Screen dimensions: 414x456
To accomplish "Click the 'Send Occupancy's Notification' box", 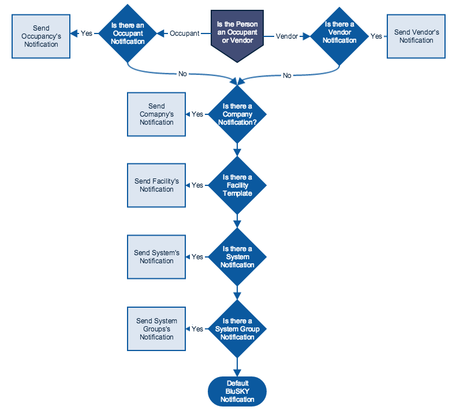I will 41,36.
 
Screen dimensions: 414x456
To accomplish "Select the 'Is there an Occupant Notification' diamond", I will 128,33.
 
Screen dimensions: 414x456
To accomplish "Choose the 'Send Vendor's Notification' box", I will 416,36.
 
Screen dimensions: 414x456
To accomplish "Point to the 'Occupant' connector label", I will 184,33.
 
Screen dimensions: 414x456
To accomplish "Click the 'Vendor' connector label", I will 287,36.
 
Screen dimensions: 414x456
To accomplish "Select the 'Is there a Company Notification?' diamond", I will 237,114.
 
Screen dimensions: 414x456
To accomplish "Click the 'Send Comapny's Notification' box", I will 156,114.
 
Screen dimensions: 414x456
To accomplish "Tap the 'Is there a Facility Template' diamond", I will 237,185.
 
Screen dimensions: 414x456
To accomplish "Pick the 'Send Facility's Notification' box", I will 156,185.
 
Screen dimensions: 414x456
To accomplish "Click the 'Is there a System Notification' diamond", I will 237,257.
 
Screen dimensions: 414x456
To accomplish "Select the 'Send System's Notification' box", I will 156,257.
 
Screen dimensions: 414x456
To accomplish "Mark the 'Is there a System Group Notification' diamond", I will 237,329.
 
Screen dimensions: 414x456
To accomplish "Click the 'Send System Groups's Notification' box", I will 156,329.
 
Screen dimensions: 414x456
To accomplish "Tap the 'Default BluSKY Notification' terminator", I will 237,391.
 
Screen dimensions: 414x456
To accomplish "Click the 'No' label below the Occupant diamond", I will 182,74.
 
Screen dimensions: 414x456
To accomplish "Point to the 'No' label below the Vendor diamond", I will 287,76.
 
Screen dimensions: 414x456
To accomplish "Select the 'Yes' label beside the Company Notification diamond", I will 197,114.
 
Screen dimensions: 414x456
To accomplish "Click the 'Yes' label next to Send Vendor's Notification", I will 376,36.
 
